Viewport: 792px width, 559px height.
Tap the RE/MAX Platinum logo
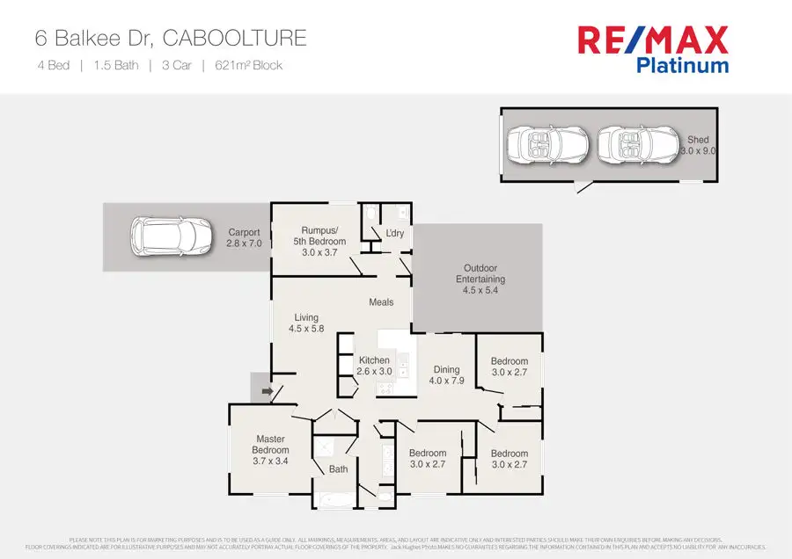click(652, 49)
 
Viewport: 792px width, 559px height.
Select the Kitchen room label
click(374, 367)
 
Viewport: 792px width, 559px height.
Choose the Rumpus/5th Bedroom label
click(319, 242)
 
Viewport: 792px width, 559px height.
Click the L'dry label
click(395, 233)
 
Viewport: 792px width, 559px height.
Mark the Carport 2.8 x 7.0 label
click(244, 238)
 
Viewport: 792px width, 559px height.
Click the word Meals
click(381, 302)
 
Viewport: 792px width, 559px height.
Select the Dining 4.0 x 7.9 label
click(446, 375)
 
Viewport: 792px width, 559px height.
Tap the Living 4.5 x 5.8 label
click(306, 323)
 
